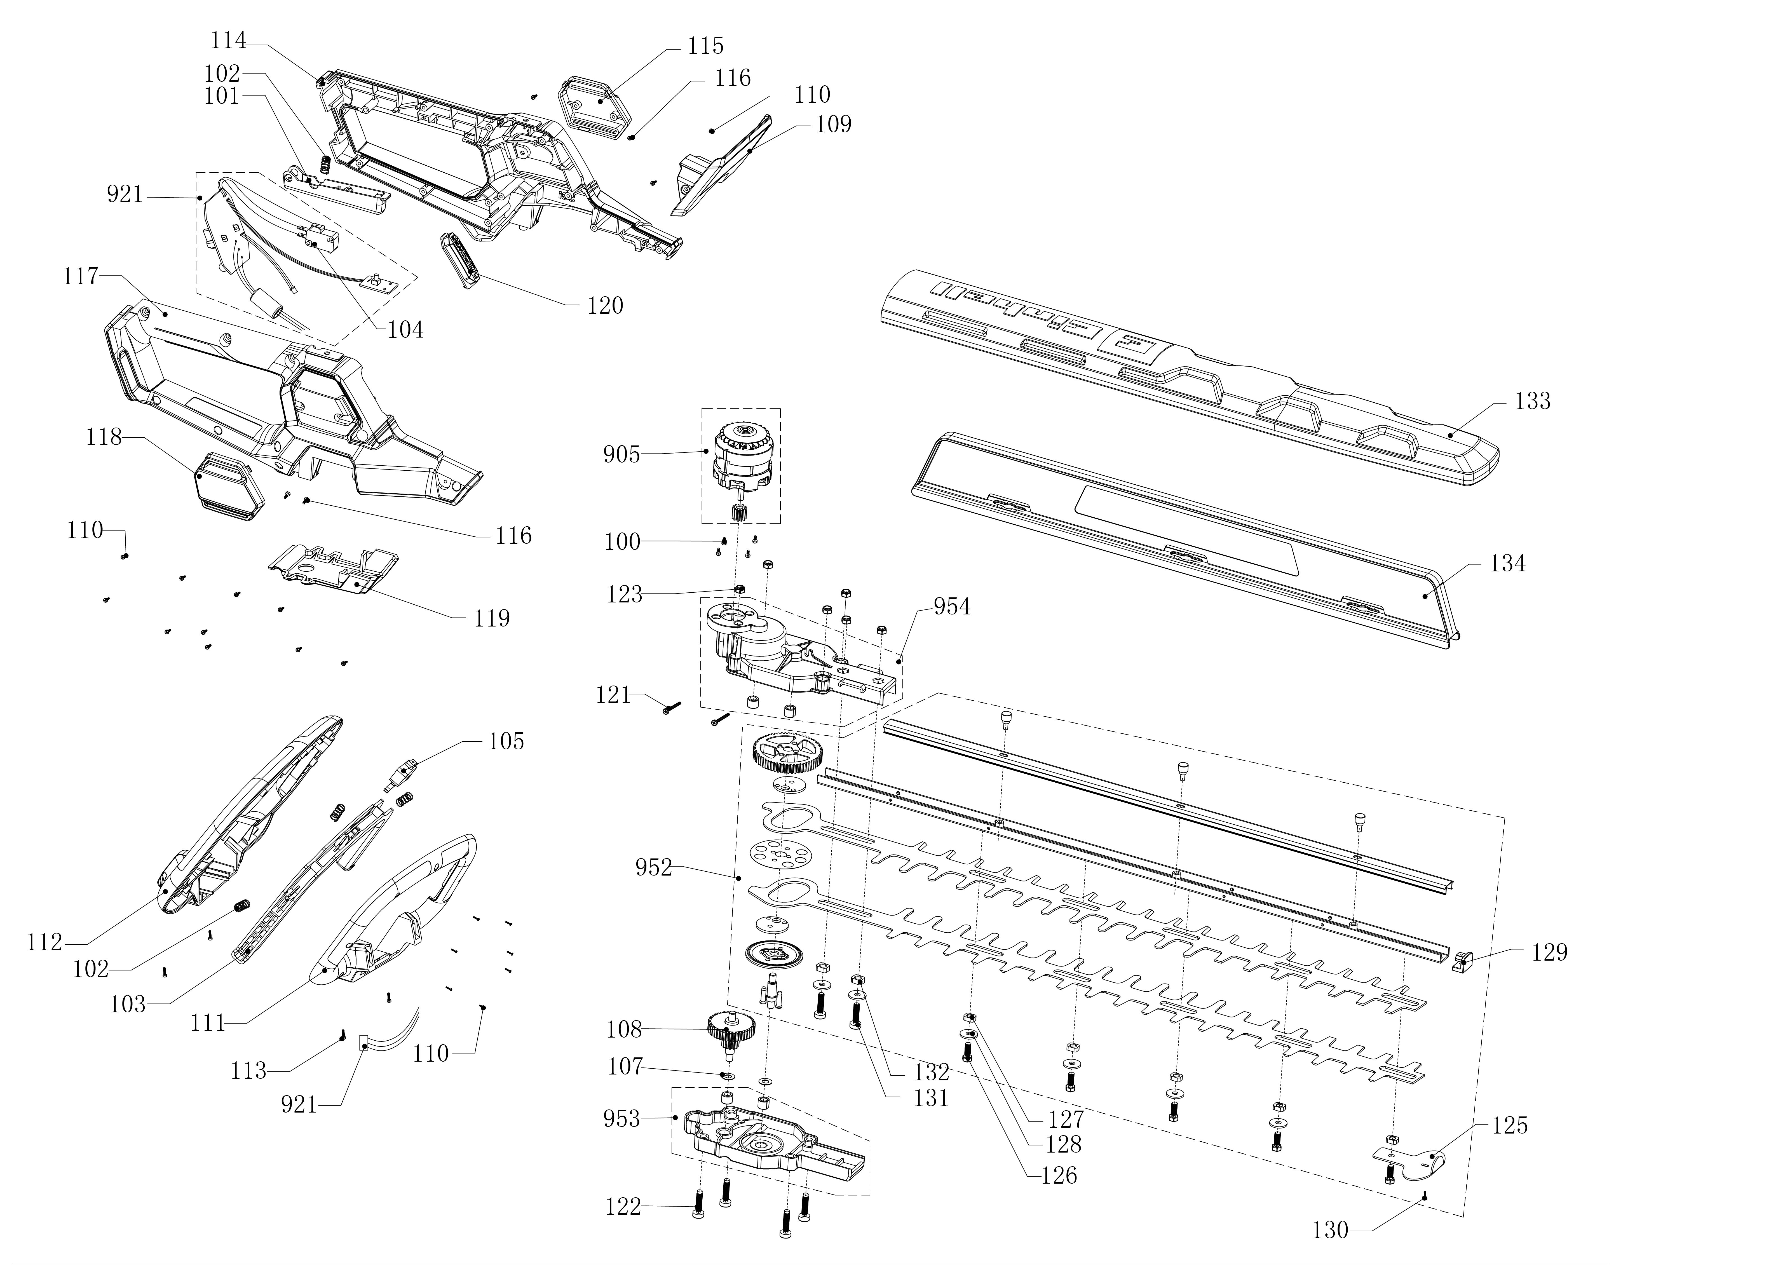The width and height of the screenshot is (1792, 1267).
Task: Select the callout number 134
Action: coord(1507,564)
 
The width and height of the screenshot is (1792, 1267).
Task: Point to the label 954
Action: coord(952,607)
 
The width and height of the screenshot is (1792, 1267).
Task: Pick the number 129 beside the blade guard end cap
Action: coord(1549,952)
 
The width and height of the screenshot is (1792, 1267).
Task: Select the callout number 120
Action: coord(606,305)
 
